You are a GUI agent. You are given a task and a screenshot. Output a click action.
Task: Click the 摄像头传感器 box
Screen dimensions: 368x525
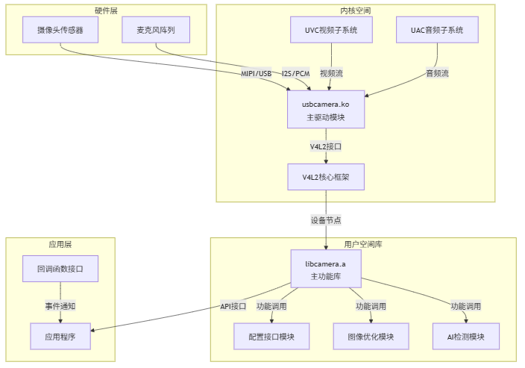coord(60,30)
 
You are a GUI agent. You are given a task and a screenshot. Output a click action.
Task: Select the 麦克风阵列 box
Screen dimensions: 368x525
coord(156,30)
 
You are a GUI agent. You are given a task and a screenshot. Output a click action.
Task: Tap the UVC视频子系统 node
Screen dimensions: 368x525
coord(331,30)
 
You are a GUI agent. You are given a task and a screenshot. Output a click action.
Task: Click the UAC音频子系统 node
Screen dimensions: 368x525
coord(437,30)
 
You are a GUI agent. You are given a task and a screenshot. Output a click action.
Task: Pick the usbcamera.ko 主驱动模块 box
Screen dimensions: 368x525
coord(326,110)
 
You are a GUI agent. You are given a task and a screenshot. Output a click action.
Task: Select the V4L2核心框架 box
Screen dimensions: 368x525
coord(326,177)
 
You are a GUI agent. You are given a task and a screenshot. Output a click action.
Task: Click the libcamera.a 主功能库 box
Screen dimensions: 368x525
coord(326,270)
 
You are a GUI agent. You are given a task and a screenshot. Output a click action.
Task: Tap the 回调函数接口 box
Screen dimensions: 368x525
coord(60,268)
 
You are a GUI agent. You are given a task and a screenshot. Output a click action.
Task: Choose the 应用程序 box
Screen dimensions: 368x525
coord(60,337)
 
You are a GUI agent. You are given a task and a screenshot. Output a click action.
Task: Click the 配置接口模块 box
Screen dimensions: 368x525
coord(269,337)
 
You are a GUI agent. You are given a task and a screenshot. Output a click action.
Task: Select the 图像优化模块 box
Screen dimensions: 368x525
coord(371,337)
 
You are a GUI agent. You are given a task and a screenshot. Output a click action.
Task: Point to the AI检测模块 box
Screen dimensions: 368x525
coord(466,337)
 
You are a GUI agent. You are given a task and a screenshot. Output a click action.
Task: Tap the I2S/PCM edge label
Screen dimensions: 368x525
coord(295,73)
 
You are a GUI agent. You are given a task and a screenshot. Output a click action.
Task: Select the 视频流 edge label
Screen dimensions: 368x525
coord(331,73)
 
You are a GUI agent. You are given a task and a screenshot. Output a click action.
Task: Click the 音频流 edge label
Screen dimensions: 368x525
coord(437,73)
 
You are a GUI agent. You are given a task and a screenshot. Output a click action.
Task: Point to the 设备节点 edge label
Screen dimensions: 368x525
coord(326,220)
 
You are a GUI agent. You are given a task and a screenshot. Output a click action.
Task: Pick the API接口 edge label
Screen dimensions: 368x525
coord(233,306)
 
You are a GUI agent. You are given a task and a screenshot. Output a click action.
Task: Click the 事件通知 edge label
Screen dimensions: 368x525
coord(60,306)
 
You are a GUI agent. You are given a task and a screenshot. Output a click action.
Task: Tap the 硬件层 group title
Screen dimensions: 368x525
coord(107,10)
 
